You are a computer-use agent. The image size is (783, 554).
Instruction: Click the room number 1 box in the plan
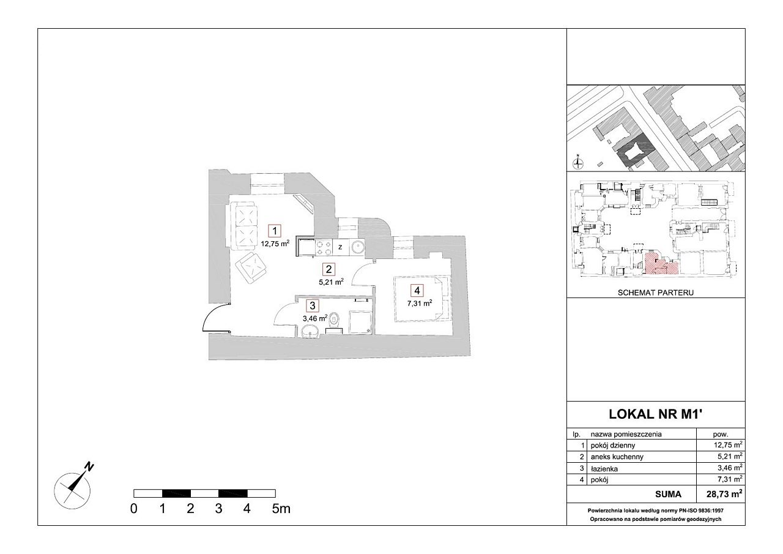[x=275, y=231]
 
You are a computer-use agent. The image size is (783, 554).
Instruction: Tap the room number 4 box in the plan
[x=417, y=290]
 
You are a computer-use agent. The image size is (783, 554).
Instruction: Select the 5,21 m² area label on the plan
[x=331, y=282]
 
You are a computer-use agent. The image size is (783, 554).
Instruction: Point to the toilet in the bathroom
[x=335, y=320]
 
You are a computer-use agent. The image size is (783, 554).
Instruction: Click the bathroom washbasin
[x=310, y=331]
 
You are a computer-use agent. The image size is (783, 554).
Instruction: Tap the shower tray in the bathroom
[x=360, y=322]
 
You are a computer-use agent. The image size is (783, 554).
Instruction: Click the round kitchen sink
[x=357, y=248]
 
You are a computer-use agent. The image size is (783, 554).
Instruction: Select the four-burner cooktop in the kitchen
[x=324, y=247]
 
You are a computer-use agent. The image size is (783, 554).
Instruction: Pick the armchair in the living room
[x=251, y=269]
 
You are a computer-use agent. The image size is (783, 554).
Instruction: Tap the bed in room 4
[x=421, y=299]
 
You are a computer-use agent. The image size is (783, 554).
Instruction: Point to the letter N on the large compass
[x=90, y=466]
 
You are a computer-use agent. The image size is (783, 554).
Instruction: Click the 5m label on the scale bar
[x=281, y=509]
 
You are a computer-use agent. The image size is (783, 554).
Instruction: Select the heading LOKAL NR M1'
[x=656, y=414]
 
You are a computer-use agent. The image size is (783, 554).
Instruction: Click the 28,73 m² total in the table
[x=724, y=494]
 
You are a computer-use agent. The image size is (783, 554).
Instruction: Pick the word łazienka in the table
[x=604, y=469]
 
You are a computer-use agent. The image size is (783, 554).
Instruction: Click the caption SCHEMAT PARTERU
[x=655, y=293]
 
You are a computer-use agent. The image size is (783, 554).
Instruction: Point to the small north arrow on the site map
[x=578, y=162]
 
